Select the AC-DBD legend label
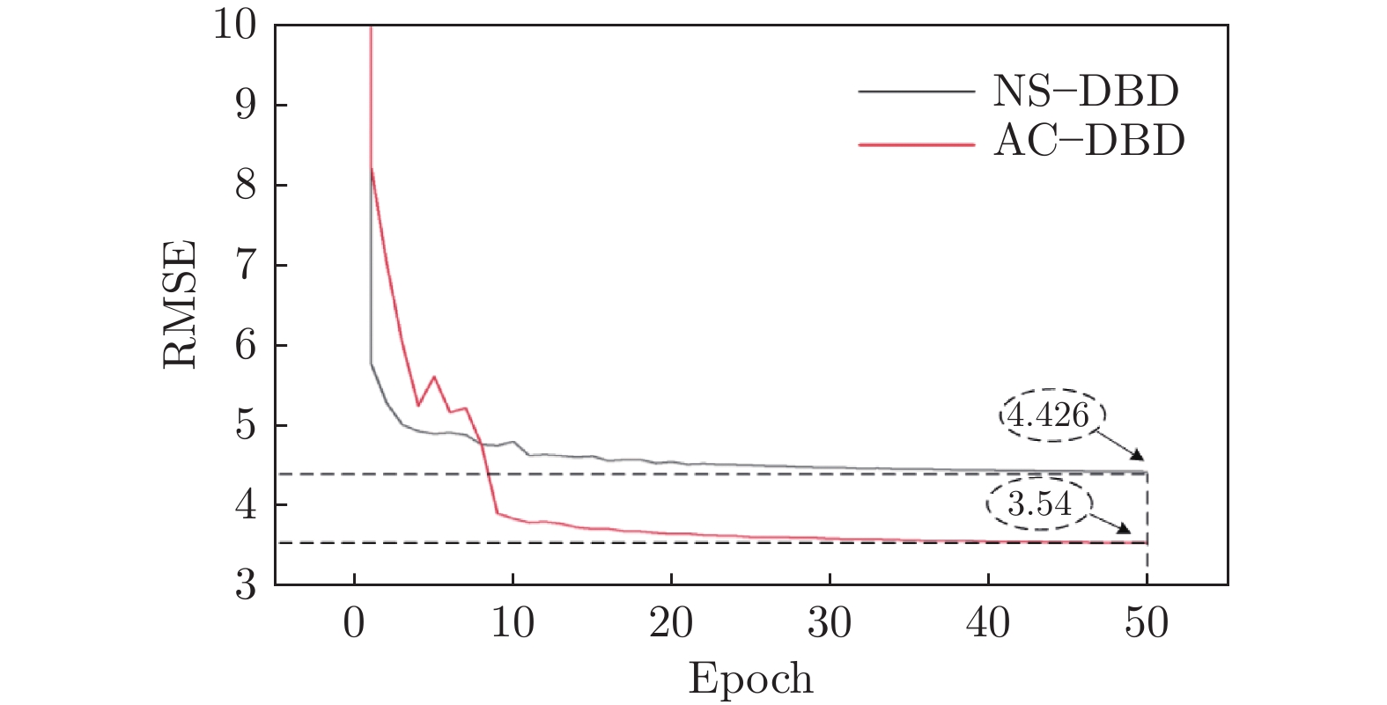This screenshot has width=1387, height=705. coord(1089,141)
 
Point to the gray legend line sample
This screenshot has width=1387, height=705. coord(916,92)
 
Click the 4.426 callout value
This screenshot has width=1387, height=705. coord(1050,415)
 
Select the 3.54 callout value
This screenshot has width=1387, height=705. coord(1039,505)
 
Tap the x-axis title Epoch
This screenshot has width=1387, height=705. coord(750,679)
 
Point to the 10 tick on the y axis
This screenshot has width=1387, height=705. coord(233,26)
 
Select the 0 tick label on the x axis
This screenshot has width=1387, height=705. coord(354,623)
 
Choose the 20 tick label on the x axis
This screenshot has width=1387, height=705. coord(671,623)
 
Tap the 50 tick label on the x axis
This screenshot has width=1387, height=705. coord(1147,623)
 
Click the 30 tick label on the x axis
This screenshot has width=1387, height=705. coord(830,623)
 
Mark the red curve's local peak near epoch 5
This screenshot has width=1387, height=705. coord(433,377)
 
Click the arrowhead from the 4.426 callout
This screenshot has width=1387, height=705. coord(1138,455)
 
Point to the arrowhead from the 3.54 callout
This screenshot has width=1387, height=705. coord(1125,529)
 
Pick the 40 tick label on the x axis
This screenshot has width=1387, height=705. coord(988,623)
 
